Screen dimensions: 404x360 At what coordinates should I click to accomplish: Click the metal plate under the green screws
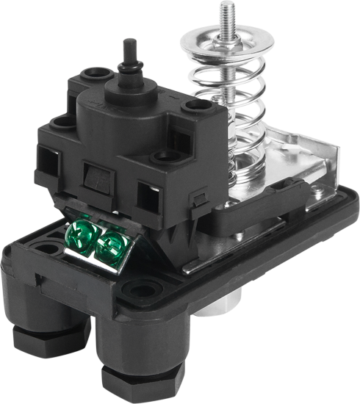tap(96, 258)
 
